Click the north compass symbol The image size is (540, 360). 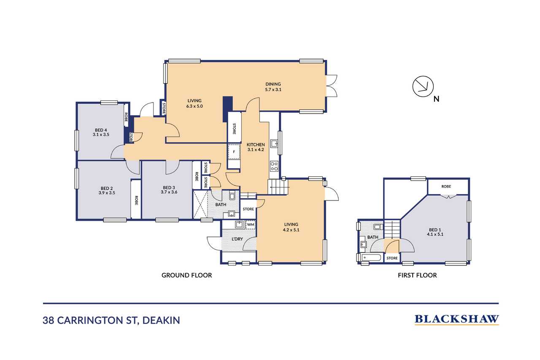coord(423,87)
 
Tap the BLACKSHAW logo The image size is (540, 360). coord(456,319)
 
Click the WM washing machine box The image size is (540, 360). coord(251,225)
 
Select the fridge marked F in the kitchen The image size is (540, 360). coord(234,152)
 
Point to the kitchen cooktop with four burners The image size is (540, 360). coord(274,166)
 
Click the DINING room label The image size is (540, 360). coord(273,84)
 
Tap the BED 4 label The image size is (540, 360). coord(101,130)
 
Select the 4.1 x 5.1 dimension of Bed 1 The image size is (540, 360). coord(435,234)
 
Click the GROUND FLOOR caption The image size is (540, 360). coord(186,275)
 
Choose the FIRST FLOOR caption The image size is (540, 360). coord(417,275)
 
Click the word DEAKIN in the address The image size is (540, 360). coord(161,320)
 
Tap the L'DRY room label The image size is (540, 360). coord(237,239)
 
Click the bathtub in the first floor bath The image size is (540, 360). coord(371,257)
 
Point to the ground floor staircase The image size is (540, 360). coord(278,187)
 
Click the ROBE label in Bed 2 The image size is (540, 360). coord(136,200)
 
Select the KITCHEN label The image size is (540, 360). coord(256,145)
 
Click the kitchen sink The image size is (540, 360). coord(274,143)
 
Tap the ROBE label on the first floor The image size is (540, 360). coord(446,187)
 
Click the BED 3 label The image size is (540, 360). coord(169,187)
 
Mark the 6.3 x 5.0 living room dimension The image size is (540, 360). coord(194,106)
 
